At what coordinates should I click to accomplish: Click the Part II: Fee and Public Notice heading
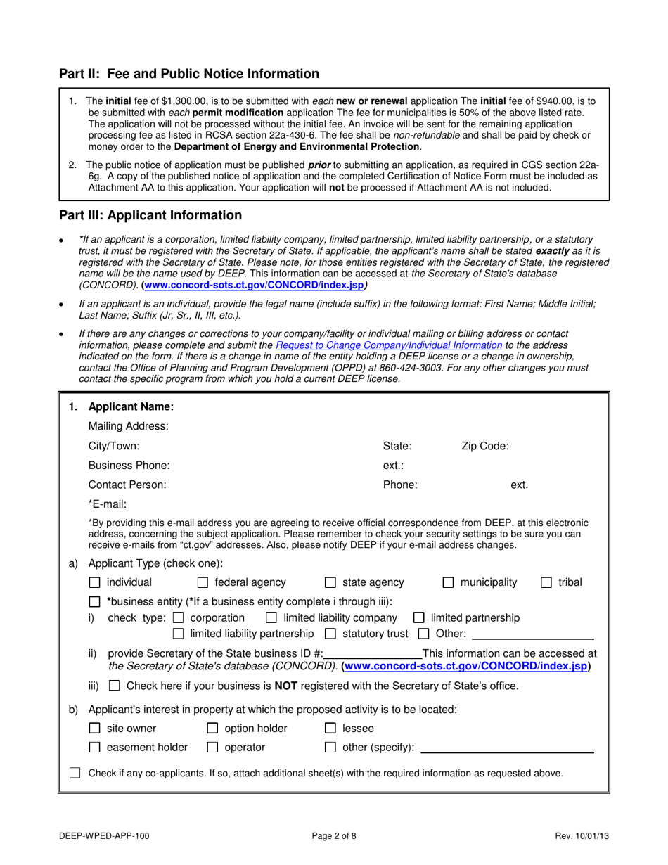(188, 74)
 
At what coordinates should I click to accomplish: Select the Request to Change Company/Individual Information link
(389, 345)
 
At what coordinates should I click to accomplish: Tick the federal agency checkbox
(203, 582)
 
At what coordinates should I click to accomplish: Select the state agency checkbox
(330, 582)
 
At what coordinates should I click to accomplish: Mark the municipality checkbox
(448, 582)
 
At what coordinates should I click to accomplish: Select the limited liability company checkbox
(271, 618)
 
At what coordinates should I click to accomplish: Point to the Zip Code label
(484, 445)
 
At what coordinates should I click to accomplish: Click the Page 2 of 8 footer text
(334, 836)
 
